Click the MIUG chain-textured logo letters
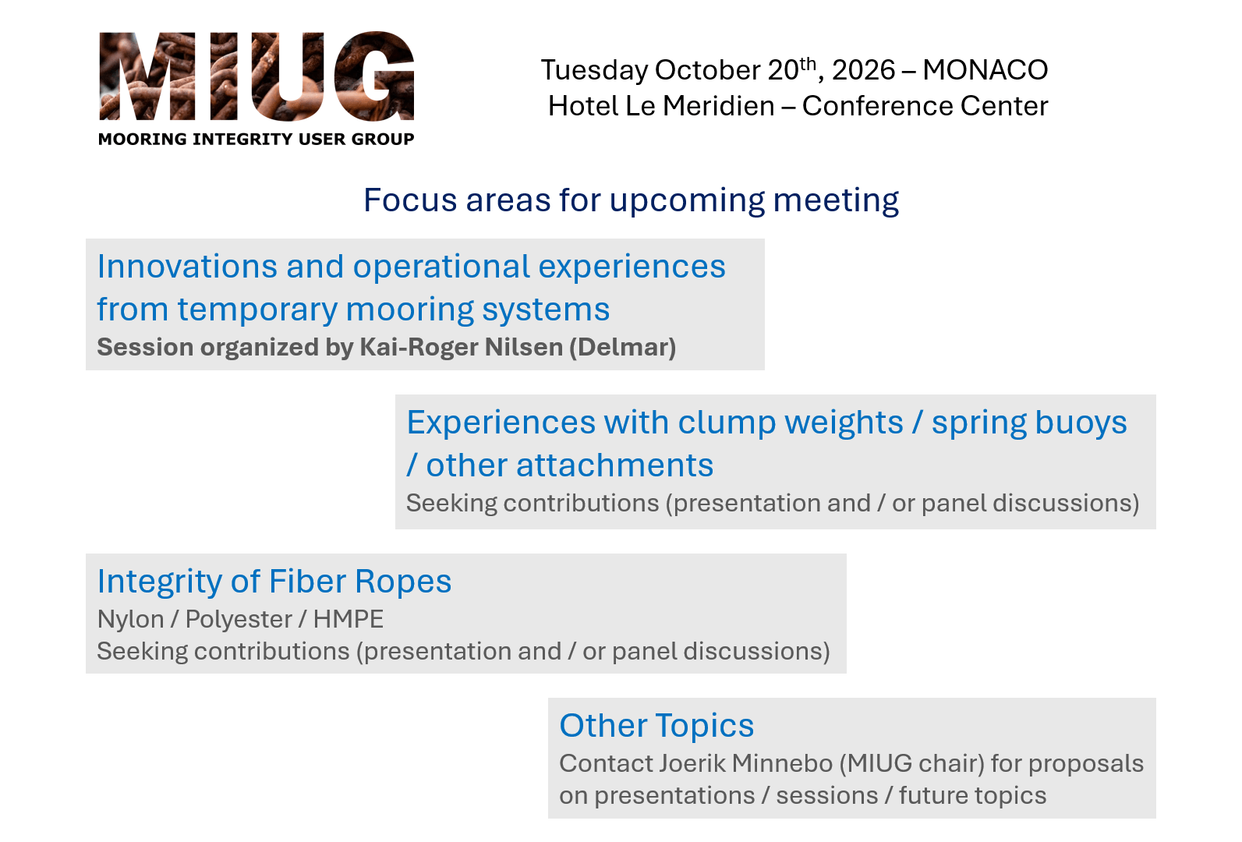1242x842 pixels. tap(257, 76)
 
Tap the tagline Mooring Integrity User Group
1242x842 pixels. tap(257, 139)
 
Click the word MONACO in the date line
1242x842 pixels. tap(985, 70)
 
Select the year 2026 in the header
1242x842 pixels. tap(863, 70)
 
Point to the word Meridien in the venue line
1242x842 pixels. tap(699, 106)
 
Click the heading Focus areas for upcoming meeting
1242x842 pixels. tap(631, 200)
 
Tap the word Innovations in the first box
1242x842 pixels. tap(187, 267)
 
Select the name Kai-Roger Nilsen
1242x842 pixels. tap(462, 348)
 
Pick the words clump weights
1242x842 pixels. tap(791, 423)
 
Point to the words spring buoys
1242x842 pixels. tap(1029, 423)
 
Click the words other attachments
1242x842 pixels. tap(569, 465)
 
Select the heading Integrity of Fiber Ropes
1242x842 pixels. tap(274, 582)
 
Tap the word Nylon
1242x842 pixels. tap(131, 620)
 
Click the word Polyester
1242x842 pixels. tap(239, 620)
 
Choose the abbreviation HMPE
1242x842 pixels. tap(349, 619)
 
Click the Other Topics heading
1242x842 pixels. tap(656, 726)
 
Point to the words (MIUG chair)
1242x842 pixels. tap(912, 764)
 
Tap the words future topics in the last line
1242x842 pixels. tap(972, 796)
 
